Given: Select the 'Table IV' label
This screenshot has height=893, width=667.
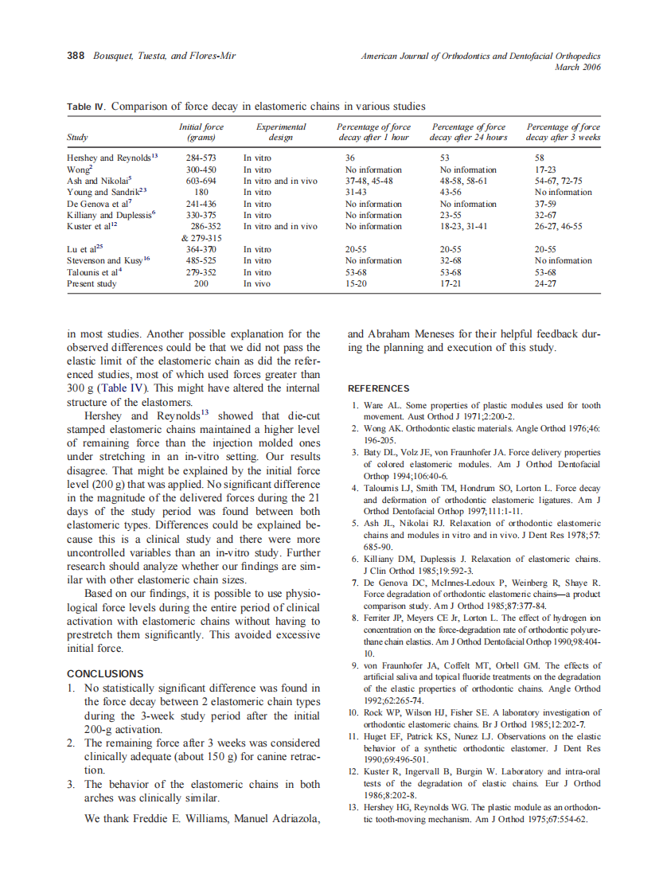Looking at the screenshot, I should tap(86, 107).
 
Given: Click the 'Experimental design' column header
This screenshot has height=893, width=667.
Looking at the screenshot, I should tap(280, 132).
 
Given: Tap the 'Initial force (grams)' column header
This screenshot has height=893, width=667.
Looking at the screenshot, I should tap(201, 132).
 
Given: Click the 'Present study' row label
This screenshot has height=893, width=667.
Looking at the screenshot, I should tap(92, 283).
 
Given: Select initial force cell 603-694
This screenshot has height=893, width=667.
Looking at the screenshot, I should tap(201, 181).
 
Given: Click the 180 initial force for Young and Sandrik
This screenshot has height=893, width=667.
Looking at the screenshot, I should tap(201, 192).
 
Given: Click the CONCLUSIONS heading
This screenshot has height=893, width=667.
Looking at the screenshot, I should tap(105, 673).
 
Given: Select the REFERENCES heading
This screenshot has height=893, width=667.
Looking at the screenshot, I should tap(379, 388).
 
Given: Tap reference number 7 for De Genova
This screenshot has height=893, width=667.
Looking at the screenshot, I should tap(357, 583).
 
